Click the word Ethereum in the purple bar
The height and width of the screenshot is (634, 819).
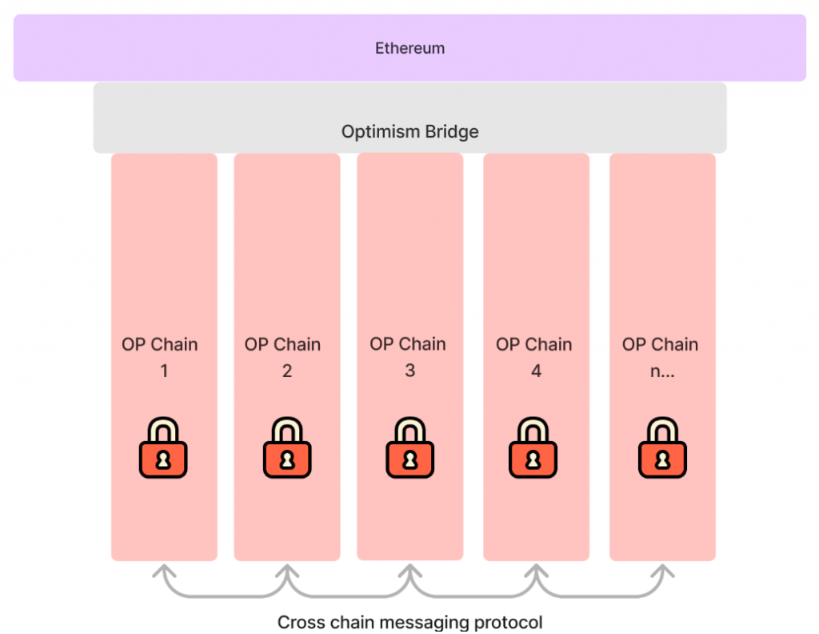[x=410, y=48]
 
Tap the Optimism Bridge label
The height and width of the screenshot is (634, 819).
[x=410, y=132]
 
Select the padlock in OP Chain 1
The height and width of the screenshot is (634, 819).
[x=163, y=447]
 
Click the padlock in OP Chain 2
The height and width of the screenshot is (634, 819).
[x=287, y=447]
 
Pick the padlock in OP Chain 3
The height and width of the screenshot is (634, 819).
[x=410, y=447]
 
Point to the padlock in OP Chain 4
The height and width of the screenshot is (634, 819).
[x=533, y=447]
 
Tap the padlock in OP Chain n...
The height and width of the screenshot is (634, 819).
[x=662, y=447]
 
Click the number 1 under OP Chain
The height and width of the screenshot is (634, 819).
[x=164, y=371]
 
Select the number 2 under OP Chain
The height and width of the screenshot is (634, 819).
[x=287, y=371]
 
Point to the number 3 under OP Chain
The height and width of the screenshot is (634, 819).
[x=410, y=371]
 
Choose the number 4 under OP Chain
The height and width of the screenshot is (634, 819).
[x=536, y=371]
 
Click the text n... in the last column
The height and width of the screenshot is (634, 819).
[x=662, y=371]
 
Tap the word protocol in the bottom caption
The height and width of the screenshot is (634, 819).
[x=509, y=623]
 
